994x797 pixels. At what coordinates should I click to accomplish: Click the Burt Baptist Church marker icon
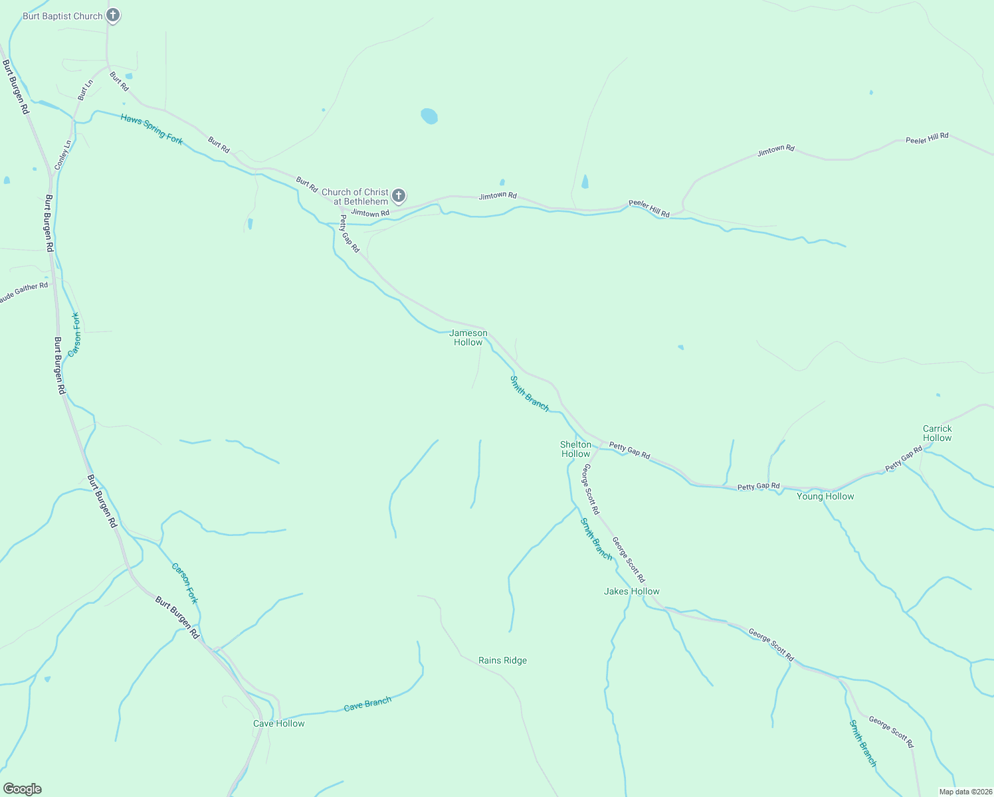point(113,15)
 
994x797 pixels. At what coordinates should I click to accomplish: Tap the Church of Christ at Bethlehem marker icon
point(399,195)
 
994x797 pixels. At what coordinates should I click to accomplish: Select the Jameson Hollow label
point(468,337)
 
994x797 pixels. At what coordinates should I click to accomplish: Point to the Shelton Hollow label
point(575,449)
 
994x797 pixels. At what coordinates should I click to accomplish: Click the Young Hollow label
point(825,496)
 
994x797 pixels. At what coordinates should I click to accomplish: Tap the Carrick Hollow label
point(937,433)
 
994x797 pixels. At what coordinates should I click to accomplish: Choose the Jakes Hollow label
point(631,591)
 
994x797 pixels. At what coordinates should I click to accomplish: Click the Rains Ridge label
point(502,660)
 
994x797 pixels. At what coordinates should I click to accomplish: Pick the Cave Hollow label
point(279,723)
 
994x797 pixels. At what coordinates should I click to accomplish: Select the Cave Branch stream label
point(367,704)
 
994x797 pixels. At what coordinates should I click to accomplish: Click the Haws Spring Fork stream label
point(151,129)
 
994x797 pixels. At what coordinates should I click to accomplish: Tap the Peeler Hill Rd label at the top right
point(927,138)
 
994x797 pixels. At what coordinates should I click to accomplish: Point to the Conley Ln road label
point(62,155)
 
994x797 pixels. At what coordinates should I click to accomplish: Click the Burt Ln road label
point(85,90)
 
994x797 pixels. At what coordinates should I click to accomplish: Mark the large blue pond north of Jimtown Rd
point(429,116)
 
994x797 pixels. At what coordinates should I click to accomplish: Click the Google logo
point(22,789)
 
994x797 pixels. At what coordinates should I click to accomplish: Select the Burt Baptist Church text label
point(62,16)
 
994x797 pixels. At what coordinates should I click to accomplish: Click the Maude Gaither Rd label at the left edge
point(24,292)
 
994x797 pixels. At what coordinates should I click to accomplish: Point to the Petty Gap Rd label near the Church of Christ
point(349,233)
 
